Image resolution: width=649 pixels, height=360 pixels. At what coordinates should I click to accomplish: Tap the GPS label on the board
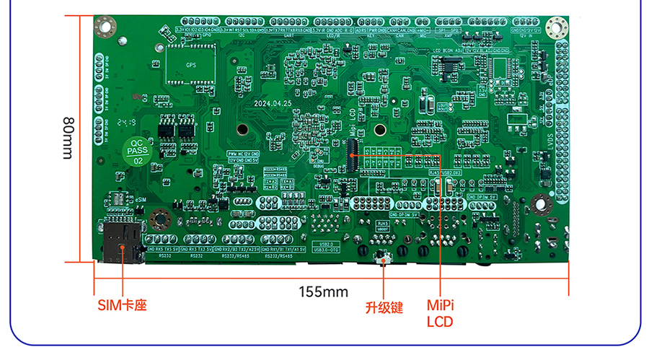pos(191,65)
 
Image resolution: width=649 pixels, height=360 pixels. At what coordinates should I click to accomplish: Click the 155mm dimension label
pos(324,291)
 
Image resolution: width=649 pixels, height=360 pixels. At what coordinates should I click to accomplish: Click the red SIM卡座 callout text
pos(122,305)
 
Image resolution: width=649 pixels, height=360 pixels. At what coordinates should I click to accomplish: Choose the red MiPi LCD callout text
pos(440,313)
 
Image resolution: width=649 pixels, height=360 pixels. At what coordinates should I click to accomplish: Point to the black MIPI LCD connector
pos(353,152)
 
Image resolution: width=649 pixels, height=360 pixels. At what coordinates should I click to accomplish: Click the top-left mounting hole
pos(105,27)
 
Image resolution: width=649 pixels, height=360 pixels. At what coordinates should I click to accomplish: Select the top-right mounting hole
pos(556,28)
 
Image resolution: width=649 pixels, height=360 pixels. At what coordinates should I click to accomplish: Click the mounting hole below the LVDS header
pos(543,204)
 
